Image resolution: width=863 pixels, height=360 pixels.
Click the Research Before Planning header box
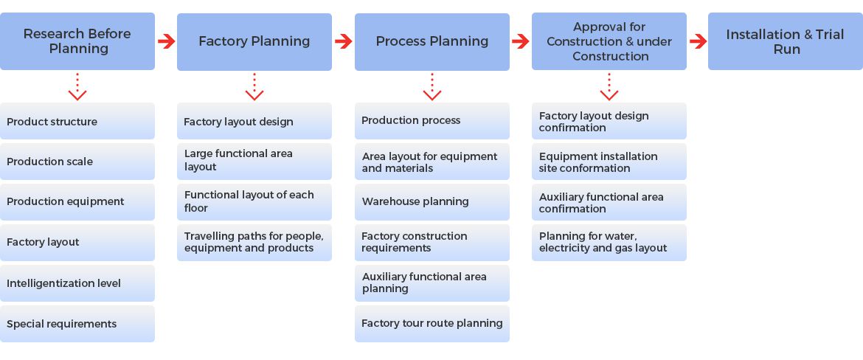pyautogui.click(x=77, y=41)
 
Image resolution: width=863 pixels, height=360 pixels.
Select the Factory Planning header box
pyautogui.click(x=254, y=41)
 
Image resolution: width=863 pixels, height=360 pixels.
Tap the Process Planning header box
pyautogui.click(x=432, y=41)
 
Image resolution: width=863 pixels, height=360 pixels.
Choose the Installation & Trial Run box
pyautogui.click(x=785, y=41)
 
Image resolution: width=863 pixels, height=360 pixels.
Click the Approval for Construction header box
pyautogui.click(x=609, y=41)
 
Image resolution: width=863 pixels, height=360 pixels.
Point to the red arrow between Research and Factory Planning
pyautogui.click(x=166, y=41)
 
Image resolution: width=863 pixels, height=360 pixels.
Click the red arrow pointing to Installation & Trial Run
pyautogui.click(x=698, y=41)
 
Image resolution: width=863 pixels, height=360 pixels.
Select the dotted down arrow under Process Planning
pyautogui.click(x=432, y=87)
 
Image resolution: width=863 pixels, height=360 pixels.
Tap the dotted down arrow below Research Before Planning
pyautogui.click(x=77, y=87)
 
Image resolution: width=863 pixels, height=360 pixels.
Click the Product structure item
pyautogui.click(x=77, y=122)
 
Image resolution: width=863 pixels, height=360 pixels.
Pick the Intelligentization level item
pyautogui.click(x=77, y=283)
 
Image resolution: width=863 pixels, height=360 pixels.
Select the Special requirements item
pyautogui.click(x=77, y=324)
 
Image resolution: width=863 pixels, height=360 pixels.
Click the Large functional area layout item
pyautogui.click(x=254, y=161)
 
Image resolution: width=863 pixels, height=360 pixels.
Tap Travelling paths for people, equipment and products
pyautogui.click(x=254, y=242)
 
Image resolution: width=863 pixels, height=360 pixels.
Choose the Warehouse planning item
pyautogui.click(x=432, y=201)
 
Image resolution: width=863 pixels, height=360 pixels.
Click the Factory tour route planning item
pyautogui.click(x=432, y=323)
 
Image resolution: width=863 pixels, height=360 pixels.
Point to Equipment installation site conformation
pyautogui.click(x=609, y=162)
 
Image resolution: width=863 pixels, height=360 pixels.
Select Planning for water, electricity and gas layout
pyautogui.click(x=609, y=242)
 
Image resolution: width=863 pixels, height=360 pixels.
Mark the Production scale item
pyautogui.click(x=77, y=162)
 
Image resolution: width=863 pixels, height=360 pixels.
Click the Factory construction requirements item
pyautogui.click(x=432, y=242)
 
